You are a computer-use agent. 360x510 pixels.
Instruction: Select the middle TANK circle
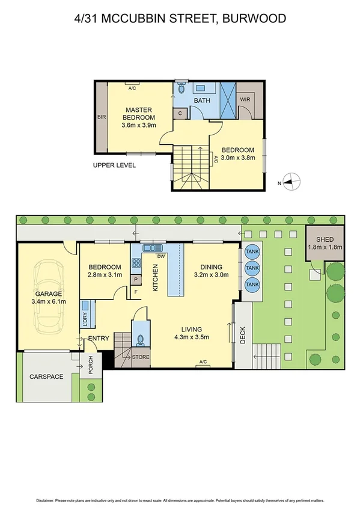tap(252, 268)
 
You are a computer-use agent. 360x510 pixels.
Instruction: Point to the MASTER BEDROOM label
tap(139, 114)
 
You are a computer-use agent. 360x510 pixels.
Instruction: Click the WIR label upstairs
tap(245, 100)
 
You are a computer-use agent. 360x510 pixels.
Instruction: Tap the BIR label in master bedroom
tap(102, 118)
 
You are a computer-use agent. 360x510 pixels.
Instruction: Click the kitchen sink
tap(153, 247)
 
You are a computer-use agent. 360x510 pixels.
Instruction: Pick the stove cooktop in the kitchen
tap(136, 262)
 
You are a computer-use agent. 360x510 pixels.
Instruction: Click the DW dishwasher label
tap(160, 257)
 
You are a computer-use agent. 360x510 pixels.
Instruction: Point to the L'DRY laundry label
tap(84, 321)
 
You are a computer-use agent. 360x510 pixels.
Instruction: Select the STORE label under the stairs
tap(141, 357)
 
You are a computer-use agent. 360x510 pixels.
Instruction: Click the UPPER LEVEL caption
tap(114, 165)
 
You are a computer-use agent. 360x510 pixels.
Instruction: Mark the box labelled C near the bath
tap(180, 112)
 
